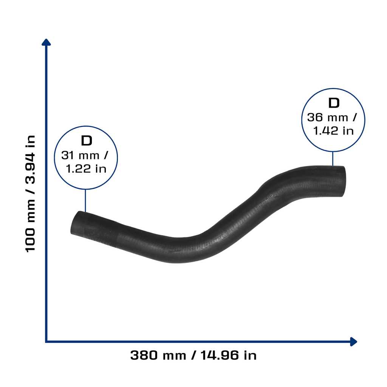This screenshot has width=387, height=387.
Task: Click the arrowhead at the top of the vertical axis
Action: pyautogui.click(x=46, y=42)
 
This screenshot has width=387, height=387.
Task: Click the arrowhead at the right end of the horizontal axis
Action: pyautogui.click(x=353, y=342)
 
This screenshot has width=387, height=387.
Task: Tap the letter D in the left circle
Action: pyautogui.click(x=87, y=141)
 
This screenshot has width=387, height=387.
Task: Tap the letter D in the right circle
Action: pyautogui.click(x=334, y=103)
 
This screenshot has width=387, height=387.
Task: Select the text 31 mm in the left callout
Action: pyautogui.click(x=80, y=155)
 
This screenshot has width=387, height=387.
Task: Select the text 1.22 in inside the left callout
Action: pyautogui.click(x=86, y=169)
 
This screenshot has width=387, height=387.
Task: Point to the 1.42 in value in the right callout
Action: pyautogui.click(x=333, y=131)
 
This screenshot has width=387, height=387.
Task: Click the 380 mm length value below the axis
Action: pyautogui.click(x=158, y=355)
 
